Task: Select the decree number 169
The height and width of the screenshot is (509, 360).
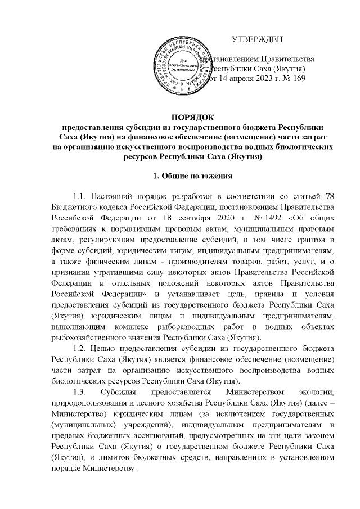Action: (298, 79)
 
